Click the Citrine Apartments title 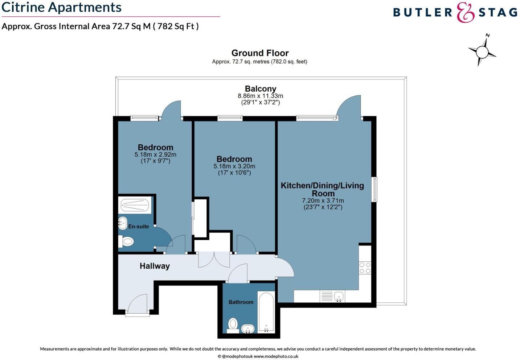61,8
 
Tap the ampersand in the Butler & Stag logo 466,12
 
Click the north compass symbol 482,51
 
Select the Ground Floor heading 260,53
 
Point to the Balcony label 260,89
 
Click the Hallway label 155,266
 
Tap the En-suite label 138,227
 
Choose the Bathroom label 241,302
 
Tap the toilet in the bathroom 233,324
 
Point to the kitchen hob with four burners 365,268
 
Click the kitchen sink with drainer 332,297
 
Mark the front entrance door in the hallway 138,305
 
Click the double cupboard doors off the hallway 214,260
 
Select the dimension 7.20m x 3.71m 323,201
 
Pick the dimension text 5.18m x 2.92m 155,154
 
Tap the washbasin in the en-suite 123,223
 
